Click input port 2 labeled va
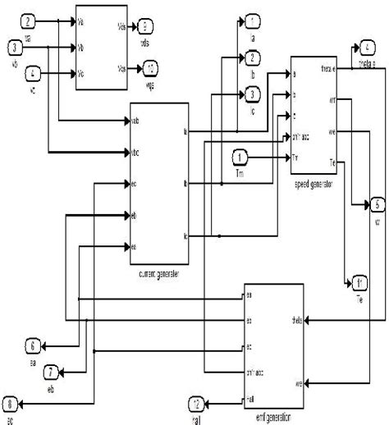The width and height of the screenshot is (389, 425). point(30,20)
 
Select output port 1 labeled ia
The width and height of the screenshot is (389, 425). point(253,20)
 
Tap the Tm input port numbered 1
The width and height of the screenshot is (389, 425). point(240,156)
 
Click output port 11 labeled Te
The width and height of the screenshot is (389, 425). point(359,284)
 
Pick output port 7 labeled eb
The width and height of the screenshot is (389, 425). point(51,371)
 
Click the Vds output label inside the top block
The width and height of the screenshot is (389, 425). point(122,24)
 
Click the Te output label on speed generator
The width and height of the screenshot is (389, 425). point(332,162)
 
